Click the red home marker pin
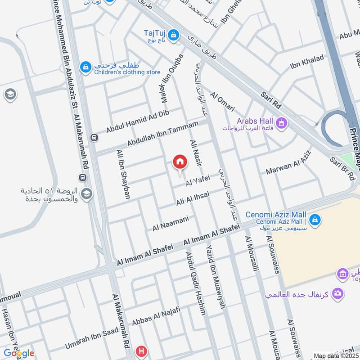point(180,162)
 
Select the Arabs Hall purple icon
point(282,122)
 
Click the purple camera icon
point(337,294)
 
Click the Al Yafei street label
point(198,180)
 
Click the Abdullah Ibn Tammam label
point(162,134)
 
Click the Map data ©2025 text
point(335,355)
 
